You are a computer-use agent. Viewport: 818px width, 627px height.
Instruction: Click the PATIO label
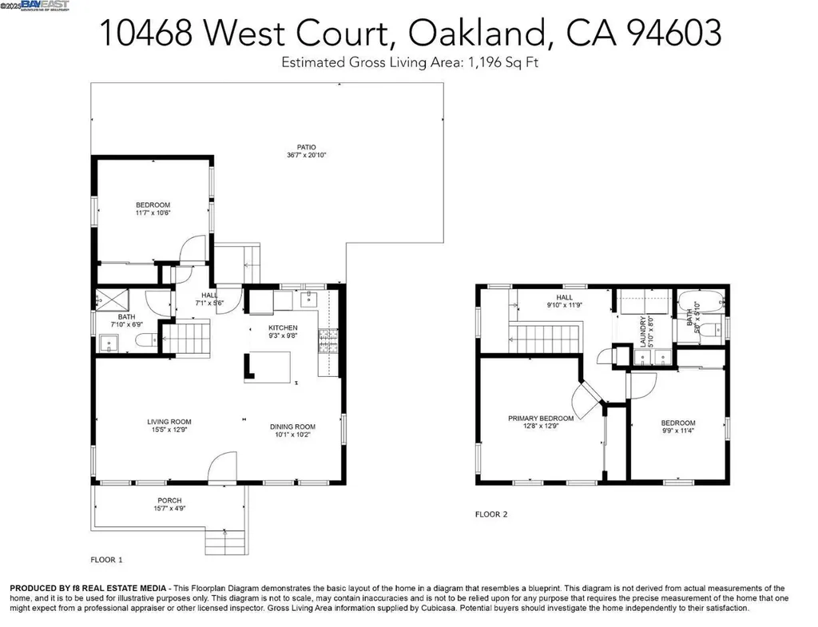pos(307,147)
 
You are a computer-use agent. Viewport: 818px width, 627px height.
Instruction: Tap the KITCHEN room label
pos(283,328)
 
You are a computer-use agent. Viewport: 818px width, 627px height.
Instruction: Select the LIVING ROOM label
pos(169,422)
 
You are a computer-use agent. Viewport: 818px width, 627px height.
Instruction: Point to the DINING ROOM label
pos(292,427)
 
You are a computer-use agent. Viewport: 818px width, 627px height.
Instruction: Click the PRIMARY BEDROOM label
pos(541,418)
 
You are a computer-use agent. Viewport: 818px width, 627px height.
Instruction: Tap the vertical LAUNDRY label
pos(641,330)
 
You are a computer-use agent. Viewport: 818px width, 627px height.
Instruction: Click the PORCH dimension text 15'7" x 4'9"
pos(169,509)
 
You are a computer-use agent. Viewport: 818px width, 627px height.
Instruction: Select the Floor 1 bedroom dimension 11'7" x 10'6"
pos(153,213)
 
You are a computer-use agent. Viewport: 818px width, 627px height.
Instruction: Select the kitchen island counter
pos(268,367)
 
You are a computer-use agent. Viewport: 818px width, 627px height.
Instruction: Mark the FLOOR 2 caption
pos(490,514)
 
